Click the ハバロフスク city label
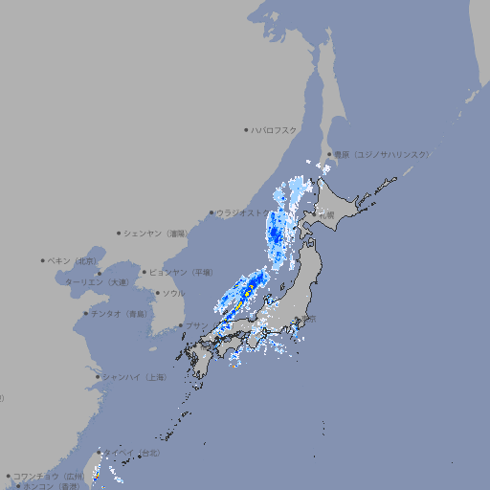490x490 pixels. (275, 129)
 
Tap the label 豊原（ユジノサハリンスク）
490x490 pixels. (382, 154)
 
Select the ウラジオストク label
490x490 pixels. (240, 212)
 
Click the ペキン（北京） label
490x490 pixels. (74, 260)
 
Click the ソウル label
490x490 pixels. (173, 293)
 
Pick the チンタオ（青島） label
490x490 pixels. (119, 314)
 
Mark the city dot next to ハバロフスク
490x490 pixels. (246, 129)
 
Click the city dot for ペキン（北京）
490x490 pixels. (43, 260)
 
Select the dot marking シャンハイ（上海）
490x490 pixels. (98, 377)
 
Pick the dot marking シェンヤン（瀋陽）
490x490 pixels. (119, 233)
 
